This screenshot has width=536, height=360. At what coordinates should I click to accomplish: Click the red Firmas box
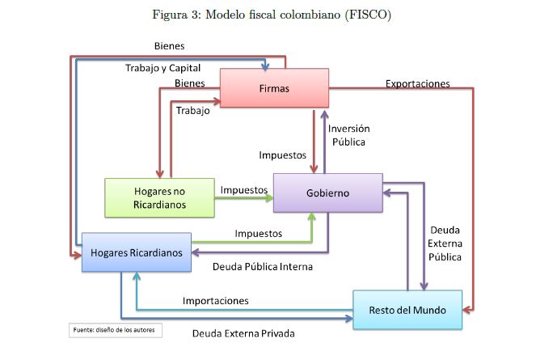coord(274,87)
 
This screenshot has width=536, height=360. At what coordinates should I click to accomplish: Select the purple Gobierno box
coord(327,193)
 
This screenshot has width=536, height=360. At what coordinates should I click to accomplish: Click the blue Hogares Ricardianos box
coord(136,252)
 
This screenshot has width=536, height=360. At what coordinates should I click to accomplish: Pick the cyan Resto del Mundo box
coord(407,310)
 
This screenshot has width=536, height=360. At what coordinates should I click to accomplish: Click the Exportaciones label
coord(417,83)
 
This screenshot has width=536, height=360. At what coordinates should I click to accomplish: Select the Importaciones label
coord(215,300)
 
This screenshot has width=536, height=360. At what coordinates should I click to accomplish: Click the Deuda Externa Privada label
coord(243,332)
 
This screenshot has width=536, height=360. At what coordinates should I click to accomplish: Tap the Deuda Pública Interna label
coord(262,266)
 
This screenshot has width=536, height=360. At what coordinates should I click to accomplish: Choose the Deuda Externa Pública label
coord(445,244)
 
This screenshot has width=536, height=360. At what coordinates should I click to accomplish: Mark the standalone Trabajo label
coord(193,110)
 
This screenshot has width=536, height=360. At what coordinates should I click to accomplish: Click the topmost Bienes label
coord(169,45)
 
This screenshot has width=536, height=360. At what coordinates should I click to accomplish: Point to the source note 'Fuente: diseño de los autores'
coord(116,329)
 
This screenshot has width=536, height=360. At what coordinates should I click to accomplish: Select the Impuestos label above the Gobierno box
coord(282,154)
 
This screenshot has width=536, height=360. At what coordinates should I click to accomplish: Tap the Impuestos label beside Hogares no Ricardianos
coord(243,190)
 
